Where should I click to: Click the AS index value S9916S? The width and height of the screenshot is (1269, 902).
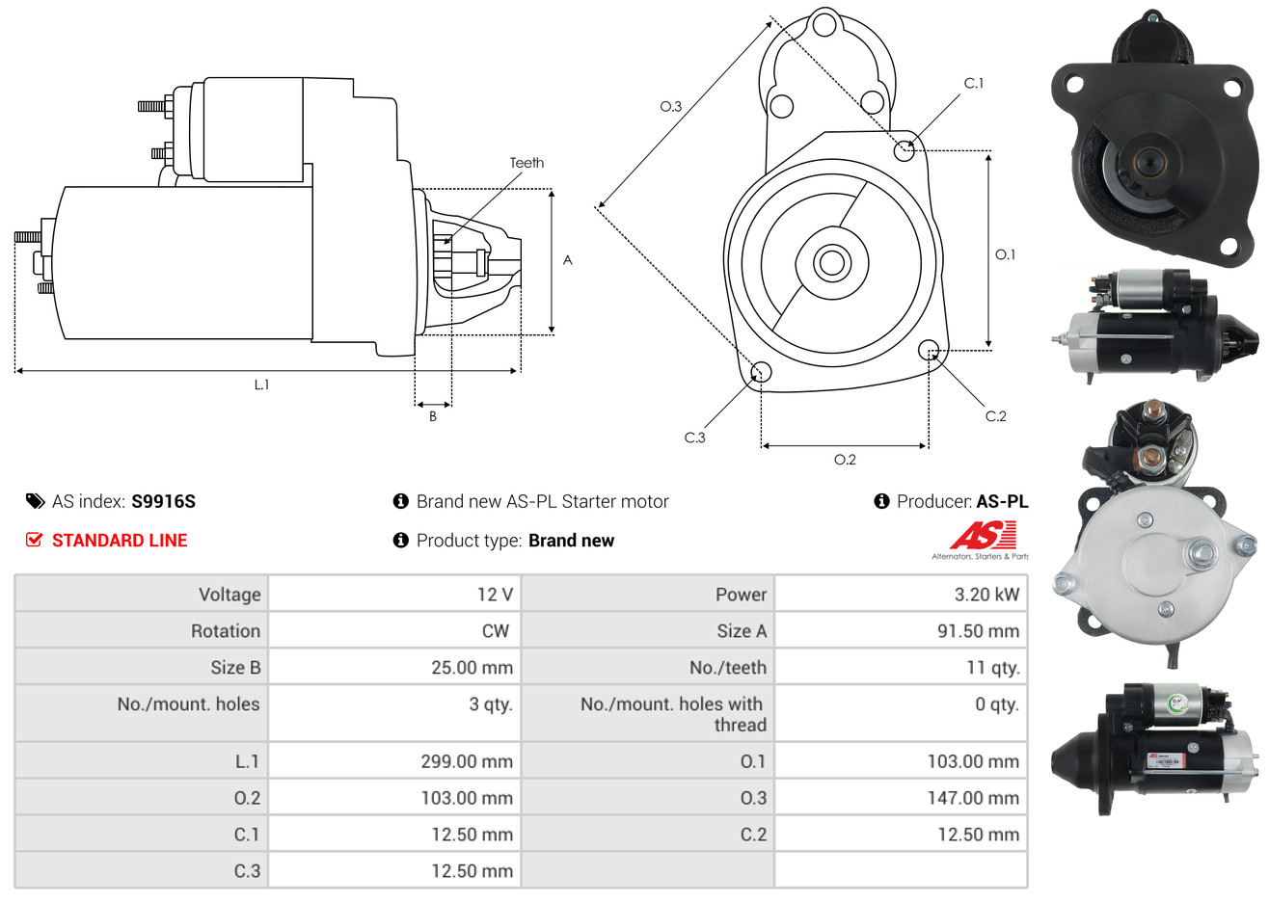point(163,502)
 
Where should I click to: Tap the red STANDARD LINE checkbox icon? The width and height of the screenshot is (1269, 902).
point(34,540)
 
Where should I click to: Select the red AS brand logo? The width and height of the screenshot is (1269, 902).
point(983,536)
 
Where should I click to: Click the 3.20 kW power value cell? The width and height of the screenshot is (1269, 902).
point(901,594)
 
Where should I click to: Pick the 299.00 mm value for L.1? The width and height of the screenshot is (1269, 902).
point(467,761)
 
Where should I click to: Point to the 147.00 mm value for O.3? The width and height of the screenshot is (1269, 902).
point(973,798)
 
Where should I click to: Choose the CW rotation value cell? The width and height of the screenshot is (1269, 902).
point(394,631)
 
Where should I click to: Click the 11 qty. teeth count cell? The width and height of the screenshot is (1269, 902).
point(901,667)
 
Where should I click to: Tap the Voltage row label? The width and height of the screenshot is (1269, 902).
point(229,595)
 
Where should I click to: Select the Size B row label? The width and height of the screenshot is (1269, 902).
point(235,668)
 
